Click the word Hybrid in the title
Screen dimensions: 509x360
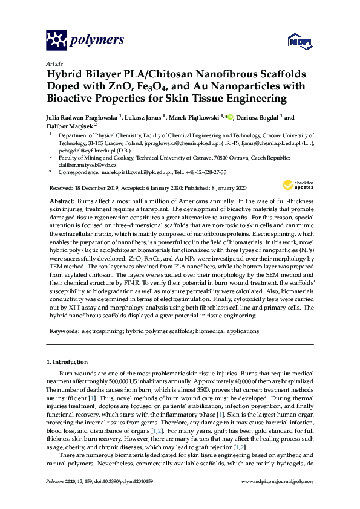click(65, 74)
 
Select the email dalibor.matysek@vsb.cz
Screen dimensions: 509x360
click(82, 164)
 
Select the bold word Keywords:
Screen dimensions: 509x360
click(64, 331)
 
